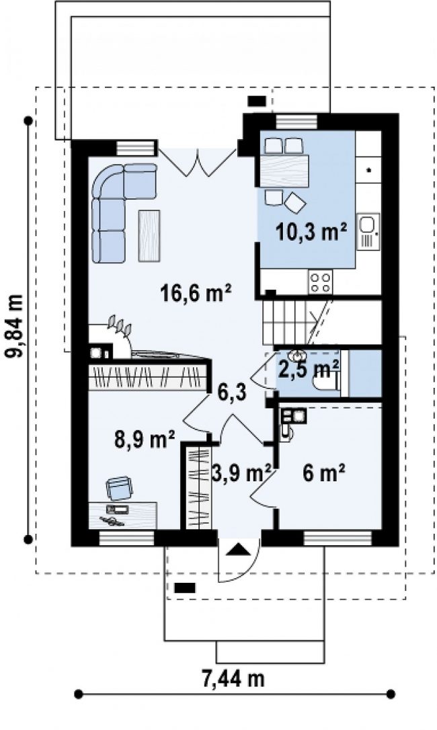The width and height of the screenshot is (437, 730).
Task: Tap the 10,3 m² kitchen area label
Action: click(x=312, y=231)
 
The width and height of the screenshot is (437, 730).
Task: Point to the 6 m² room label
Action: click(x=324, y=474)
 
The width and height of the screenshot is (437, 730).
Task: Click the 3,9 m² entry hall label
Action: click(x=241, y=473)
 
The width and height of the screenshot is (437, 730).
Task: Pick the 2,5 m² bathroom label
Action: click(x=309, y=370)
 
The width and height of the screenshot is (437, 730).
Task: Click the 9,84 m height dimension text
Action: click(x=14, y=326)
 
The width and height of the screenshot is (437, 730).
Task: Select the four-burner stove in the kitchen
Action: click(x=321, y=282)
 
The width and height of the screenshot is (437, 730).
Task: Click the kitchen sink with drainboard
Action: click(x=368, y=231)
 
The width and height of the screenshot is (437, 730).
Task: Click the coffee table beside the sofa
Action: click(x=149, y=235)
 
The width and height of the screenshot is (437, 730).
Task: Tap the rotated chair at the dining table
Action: click(x=295, y=202)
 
